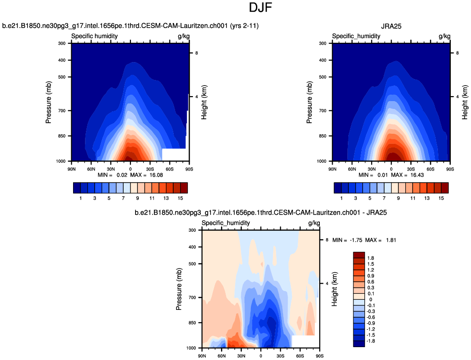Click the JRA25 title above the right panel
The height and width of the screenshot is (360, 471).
391,26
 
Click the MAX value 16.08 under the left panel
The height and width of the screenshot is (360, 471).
148,175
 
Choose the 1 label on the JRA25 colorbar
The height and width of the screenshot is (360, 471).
341,197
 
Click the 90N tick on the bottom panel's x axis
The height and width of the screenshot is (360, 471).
202,356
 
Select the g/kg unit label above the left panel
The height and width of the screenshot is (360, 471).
183,36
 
